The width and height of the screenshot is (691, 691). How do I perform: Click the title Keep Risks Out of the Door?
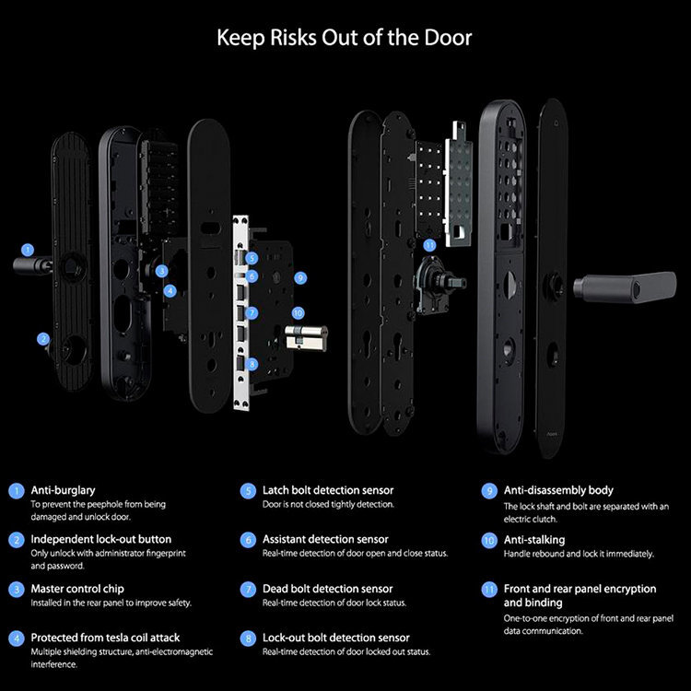coord(345,38)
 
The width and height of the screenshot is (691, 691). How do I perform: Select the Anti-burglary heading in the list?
coord(64,490)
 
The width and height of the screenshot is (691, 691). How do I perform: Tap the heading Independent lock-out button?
coord(101,539)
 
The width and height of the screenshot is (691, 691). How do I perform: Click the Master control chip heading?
coord(77,588)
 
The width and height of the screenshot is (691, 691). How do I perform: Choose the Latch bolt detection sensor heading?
coord(328,490)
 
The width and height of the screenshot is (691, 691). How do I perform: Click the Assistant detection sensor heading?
coord(325,539)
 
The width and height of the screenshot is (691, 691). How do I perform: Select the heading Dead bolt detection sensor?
coord(327,588)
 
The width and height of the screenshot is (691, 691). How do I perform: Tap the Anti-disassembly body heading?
coord(558,490)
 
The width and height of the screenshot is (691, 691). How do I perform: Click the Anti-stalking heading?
coord(534,539)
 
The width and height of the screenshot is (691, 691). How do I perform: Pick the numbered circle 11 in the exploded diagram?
coord(428,245)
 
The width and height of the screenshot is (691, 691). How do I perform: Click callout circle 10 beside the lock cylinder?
coord(298,313)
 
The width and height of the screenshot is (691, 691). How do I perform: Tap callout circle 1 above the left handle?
coord(28,249)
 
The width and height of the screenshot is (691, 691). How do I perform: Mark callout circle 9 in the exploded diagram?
coord(299,276)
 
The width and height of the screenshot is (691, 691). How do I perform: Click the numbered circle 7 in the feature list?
coord(248,588)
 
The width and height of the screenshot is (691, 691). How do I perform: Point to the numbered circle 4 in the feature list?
coord(16,638)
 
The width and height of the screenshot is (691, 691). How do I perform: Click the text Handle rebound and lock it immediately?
coord(579,554)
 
